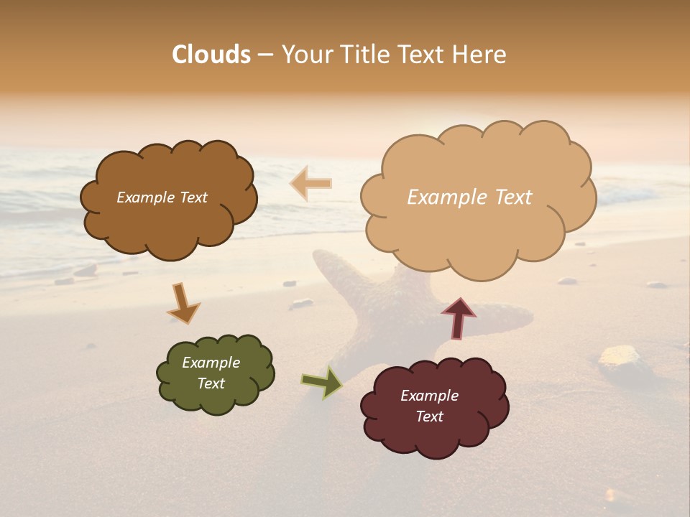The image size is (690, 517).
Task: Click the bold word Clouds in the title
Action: click(211, 55)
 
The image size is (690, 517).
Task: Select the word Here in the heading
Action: click(481, 55)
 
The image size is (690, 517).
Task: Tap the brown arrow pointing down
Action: click(183, 302)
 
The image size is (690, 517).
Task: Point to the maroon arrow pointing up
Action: click(458, 318)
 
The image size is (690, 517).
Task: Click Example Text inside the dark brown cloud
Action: click(162, 197)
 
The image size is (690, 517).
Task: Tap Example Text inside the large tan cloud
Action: click(469, 197)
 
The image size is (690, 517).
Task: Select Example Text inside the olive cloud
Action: click(211, 373)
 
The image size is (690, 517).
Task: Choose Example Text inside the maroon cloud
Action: click(429, 406)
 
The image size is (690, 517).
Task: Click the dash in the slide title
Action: click(265, 55)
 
